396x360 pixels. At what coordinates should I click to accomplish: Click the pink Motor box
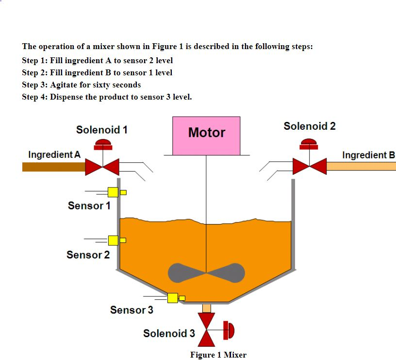click(x=206, y=136)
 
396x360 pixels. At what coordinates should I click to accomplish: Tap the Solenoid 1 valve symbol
click(x=102, y=167)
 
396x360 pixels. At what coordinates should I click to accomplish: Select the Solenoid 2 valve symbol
click(x=310, y=166)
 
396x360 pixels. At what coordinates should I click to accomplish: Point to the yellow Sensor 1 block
click(x=113, y=192)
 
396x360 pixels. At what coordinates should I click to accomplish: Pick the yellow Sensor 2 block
click(x=113, y=240)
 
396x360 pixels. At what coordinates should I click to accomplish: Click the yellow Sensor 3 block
click(x=172, y=297)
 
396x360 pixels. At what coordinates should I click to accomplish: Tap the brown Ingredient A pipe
click(x=53, y=167)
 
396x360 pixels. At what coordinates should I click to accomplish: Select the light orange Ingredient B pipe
click(x=361, y=166)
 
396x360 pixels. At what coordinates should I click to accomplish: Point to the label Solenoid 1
click(x=102, y=130)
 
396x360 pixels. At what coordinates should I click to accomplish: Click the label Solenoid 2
click(x=310, y=126)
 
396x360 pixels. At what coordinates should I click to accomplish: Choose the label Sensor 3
click(x=132, y=310)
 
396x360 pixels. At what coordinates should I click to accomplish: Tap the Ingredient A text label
click(x=54, y=154)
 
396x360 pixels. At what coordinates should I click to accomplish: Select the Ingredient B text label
click(x=368, y=155)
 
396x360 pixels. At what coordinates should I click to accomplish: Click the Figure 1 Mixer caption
click(x=218, y=355)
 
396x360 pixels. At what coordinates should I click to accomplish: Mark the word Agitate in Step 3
click(x=65, y=85)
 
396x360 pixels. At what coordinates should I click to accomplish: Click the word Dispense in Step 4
click(x=67, y=97)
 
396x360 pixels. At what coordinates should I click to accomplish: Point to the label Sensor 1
click(x=89, y=206)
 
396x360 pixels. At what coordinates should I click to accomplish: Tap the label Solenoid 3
click(x=169, y=333)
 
